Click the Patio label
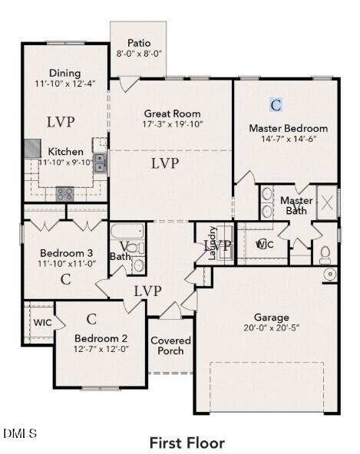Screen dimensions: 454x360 [x=138, y=43]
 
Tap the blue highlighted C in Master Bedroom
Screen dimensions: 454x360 [x=276, y=104]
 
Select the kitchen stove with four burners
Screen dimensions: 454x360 [x=64, y=193]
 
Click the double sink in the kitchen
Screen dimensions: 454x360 [x=100, y=162]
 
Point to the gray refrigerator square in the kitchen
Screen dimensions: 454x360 [x=31, y=148]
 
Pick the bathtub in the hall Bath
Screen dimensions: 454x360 [x=124, y=232]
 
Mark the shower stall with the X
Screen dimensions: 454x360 [x=327, y=203]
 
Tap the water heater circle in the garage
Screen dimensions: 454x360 [x=330, y=274]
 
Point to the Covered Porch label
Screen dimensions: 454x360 [x=170, y=346]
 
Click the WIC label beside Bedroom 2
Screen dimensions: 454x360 [x=42, y=323]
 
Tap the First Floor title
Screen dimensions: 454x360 [x=187, y=442]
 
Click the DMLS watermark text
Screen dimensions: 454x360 [x=19, y=434]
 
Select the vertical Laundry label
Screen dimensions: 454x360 [x=213, y=244]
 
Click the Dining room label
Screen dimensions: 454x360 [x=64, y=73]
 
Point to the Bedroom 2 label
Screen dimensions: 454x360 [x=101, y=338]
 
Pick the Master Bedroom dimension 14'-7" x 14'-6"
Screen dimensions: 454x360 [x=288, y=139]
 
